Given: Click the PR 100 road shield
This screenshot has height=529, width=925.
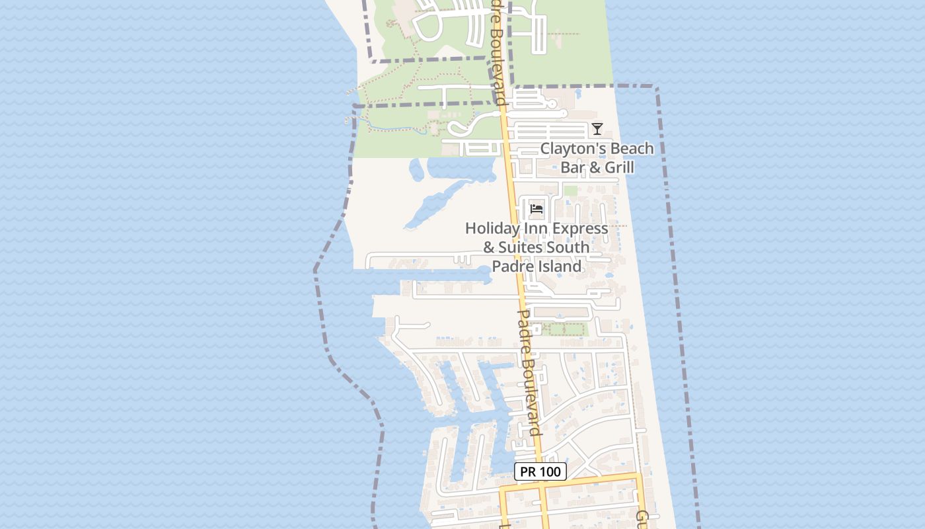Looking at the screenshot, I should point(540,471).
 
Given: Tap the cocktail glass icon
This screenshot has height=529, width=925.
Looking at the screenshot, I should point(597,129).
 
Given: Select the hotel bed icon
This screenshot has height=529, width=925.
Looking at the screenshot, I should point(536,210).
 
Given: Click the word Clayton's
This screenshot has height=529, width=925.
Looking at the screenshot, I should point(569,149).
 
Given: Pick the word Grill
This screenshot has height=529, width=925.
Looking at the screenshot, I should point(618,167).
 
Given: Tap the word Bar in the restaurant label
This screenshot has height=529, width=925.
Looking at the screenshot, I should point(573,167).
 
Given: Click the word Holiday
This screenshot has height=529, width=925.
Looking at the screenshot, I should point(492,228).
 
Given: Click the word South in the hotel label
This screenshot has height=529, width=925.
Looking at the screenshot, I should point(572,247).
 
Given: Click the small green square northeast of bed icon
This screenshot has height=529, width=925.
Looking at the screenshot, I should point(570,191).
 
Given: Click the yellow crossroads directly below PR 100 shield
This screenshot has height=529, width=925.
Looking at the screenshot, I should point(542,489).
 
